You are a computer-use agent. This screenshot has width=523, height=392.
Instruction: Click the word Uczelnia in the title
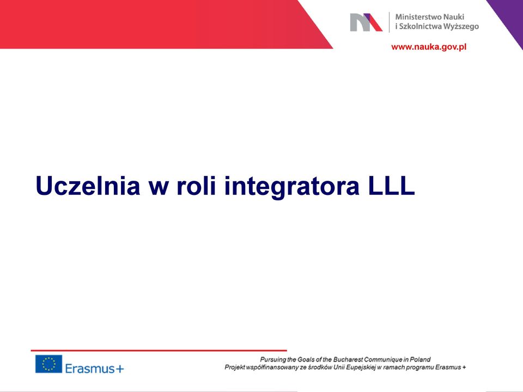click(x=88, y=186)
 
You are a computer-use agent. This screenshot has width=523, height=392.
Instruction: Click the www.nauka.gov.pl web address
click(x=429, y=47)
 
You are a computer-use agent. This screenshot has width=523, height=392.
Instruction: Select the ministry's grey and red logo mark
click(x=366, y=22)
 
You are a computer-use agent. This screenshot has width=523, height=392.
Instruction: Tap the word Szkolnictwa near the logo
click(x=418, y=26)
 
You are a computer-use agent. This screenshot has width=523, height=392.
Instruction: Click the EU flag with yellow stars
click(x=48, y=364)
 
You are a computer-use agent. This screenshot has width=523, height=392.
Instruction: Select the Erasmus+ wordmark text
click(x=94, y=369)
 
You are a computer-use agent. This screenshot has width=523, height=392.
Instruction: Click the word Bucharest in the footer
click(x=348, y=359)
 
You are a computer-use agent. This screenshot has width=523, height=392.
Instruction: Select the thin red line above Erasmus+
click(x=159, y=350)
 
